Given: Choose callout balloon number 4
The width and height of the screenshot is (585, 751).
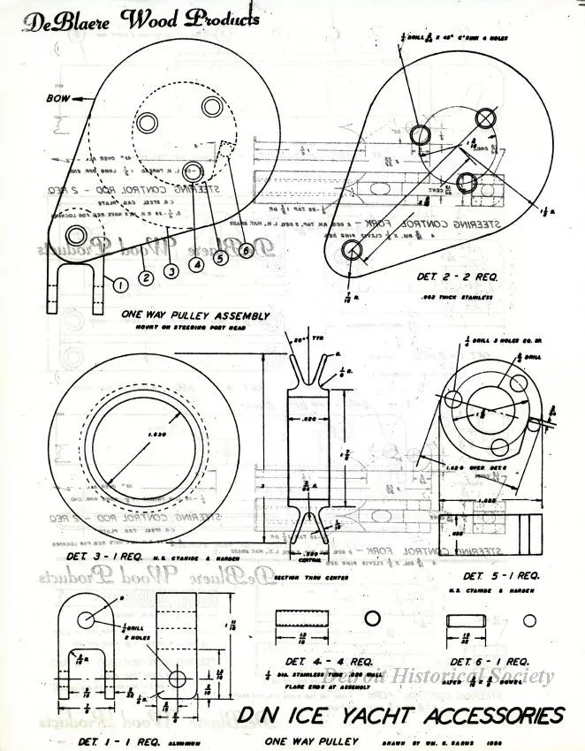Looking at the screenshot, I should click(196, 262).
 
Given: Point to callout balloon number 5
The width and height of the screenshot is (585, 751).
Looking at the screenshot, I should click(220, 259).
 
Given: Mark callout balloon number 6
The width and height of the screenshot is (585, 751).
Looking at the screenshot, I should click(245, 250).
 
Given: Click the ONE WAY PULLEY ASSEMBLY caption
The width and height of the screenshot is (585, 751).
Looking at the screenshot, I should click(196, 315).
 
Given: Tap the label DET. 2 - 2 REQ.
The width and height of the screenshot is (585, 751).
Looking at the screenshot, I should click(460, 277).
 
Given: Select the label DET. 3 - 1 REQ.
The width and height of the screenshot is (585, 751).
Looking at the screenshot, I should click(104, 558).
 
